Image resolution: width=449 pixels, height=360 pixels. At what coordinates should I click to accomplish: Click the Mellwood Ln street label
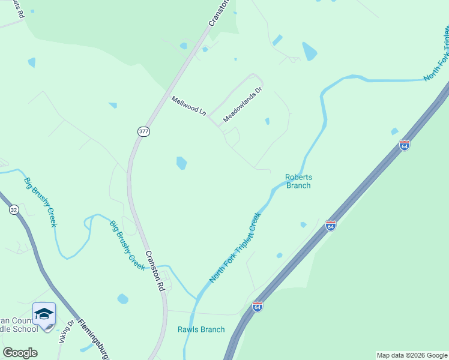click(188, 106)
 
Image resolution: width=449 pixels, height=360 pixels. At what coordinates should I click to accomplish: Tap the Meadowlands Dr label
click(243, 105)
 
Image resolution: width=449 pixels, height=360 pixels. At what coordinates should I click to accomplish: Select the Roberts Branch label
click(298, 181)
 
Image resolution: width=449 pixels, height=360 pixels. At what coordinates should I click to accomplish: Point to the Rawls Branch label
click(201, 329)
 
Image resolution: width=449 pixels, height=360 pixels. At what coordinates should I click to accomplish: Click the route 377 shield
click(143, 131)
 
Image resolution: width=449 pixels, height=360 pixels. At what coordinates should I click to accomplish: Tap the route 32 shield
click(14, 209)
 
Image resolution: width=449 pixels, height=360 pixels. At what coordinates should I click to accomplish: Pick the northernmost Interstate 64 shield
click(405, 146)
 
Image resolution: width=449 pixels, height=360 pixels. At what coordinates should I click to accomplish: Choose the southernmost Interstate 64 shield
click(258, 307)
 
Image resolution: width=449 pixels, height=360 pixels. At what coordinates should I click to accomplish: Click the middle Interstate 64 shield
click(331, 226)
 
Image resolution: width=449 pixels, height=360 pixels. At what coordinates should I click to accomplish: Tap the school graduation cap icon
click(44, 314)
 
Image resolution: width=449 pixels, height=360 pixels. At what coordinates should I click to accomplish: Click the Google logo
click(20, 353)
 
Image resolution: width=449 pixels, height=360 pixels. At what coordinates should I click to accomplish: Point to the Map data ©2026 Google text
click(412, 355)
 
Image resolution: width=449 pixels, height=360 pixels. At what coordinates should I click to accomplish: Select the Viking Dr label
click(67, 332)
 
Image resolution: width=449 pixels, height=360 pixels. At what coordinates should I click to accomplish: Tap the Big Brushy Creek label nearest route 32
click(41, 202)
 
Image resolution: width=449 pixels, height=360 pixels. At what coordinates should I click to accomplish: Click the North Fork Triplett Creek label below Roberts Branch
click(235, 248)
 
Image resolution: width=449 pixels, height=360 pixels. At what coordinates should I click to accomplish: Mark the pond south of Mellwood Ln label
click(181, 163)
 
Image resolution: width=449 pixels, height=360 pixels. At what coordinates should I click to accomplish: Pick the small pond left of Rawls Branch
click(123, 299)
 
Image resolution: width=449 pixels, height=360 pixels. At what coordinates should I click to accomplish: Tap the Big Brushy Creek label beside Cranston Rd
click(127, 245)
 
